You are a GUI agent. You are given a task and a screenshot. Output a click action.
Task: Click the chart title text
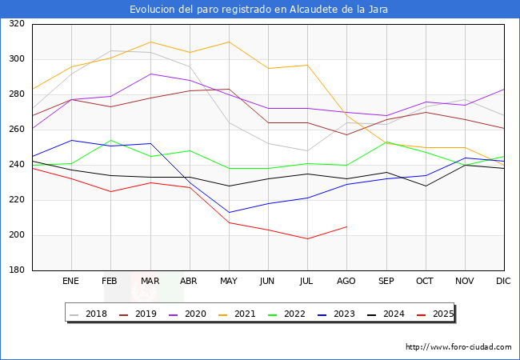[x=260, y=10]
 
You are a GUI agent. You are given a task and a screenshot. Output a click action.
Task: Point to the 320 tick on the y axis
[x=16, y=24]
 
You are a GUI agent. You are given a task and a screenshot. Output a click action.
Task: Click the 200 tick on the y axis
[x=16, y=235]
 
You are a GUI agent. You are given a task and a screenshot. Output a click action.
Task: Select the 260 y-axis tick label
[x=16, y=130]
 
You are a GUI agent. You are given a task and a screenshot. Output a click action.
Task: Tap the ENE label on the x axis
[x=71, y=282]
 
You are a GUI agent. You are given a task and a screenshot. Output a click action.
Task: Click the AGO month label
[x=346, y=282]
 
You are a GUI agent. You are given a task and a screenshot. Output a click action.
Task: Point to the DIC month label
[x=503, y=282]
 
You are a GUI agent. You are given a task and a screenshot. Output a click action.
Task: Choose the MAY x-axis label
[x=229, y=282]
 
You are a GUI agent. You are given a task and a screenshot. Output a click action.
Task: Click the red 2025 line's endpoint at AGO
[x=346, y=226]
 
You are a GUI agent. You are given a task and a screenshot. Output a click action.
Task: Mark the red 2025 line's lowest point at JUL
[x=307, y=238]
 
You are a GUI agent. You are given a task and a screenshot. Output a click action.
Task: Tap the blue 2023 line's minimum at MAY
[x=229, y=212]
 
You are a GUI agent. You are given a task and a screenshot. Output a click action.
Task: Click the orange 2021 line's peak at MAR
[x=150, y=42]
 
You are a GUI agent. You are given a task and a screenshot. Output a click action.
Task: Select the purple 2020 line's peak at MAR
[x=150, y=74]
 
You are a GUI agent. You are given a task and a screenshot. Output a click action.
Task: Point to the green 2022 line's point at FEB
[x=110, y=140]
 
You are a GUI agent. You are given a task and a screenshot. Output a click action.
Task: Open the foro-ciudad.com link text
[x=458, y=347]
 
